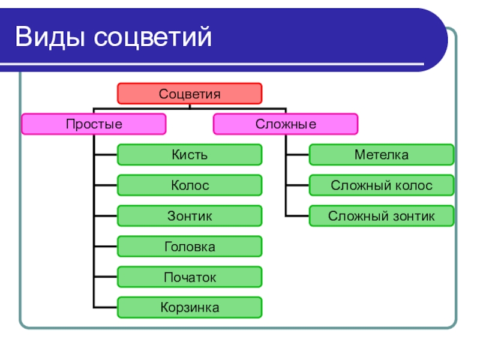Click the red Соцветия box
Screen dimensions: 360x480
pos(190,94)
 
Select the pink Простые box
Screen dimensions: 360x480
pos(94,124)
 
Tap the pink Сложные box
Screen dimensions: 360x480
pos(286,124)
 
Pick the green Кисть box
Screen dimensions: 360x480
pos(190,155)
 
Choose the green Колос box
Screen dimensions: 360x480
pos(190,185)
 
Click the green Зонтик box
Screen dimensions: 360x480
pos(190,216)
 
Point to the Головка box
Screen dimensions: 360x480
pos(190,247)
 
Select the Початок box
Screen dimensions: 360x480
pos(190,277)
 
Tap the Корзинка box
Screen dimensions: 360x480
pos(190,308)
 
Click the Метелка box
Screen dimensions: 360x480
pos(382,155)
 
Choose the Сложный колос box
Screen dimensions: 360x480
pos(382,185)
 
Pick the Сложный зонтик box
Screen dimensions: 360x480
pos(382,216)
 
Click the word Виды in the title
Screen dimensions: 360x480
pos(51,37)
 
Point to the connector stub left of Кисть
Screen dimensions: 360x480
pos(106,155)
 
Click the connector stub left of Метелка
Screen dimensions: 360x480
pos(298,155)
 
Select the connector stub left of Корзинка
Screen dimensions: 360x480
pos(106,308)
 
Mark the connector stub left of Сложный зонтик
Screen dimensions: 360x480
pos(298,216)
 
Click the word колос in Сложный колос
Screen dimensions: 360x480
pos(413,185)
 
